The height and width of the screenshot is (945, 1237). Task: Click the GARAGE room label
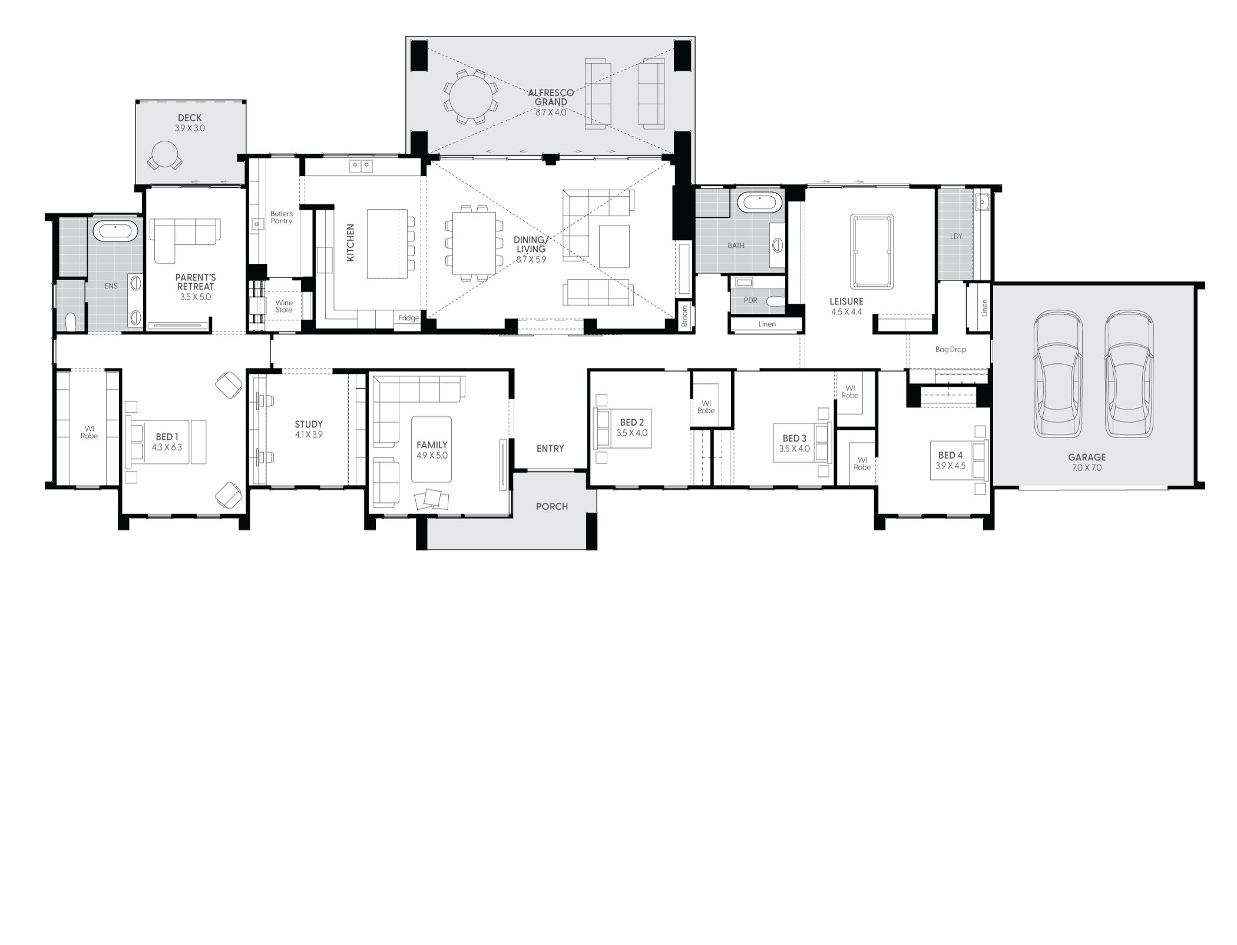click(x=1087, y=457)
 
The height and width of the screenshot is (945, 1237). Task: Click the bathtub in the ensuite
click(x=115, y=230)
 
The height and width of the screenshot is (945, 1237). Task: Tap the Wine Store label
click(x=284, y=306)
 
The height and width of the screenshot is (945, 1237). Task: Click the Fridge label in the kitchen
click(x=408, y=318)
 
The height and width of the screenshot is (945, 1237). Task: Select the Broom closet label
click(x=684, y=316)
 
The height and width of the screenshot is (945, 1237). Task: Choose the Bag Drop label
click(x=951, y=349)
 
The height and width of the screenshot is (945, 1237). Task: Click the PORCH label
click(x=552, y=506)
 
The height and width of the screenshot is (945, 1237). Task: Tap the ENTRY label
click(x=550, y=449)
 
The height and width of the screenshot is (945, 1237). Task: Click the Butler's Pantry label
click(x=282, y=217)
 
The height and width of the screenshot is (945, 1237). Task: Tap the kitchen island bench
click(x=386, y=243)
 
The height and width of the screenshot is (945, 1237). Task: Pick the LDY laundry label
click(x=956, y=236)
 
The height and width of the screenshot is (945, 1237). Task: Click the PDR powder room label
click(x=750, y=300)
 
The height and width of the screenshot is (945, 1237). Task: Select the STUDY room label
click(x=309, y=424)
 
